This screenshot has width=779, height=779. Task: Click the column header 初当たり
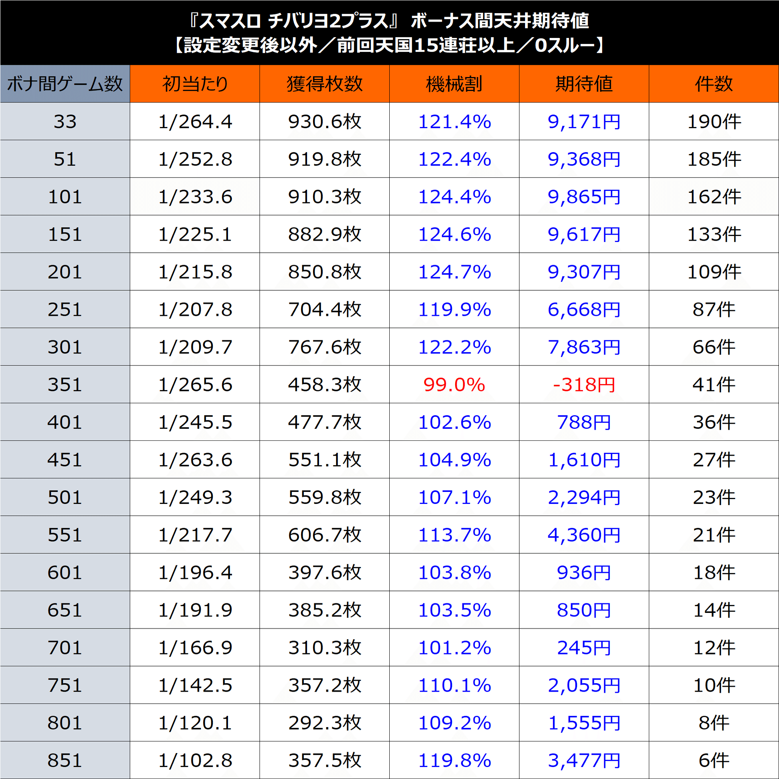(x=195, y=84)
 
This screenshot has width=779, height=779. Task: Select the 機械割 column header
(x=454, y=84)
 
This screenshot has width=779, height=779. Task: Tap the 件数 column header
(x=713, y=84)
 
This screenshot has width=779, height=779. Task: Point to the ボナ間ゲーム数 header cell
(x=65, y=84)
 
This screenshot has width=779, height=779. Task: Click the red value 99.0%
(x=454, y=385)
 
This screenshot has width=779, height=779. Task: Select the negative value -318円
(x=583, y=385)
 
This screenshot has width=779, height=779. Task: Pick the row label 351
(x=65, y=385)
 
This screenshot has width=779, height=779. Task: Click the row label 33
(x=65, y=121)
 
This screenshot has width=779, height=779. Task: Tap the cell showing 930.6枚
(x=325, y=121)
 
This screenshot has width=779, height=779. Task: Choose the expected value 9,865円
(x=583, y=197)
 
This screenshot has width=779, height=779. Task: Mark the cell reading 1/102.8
(x=195, y=761)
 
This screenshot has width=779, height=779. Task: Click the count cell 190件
(x=713, y=121)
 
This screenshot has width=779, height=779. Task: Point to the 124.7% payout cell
(x=454, y=272)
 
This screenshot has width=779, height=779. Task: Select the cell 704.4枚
(x=325, y=309)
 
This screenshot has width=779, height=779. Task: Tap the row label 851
(x=65, y=761)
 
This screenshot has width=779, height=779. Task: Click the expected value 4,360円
(x=583, y=535)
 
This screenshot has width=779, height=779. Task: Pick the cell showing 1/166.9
(x=195, y=648)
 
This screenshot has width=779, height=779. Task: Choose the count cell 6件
(x=713, y=761)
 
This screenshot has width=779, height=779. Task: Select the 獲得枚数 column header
(x=325, y=84)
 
